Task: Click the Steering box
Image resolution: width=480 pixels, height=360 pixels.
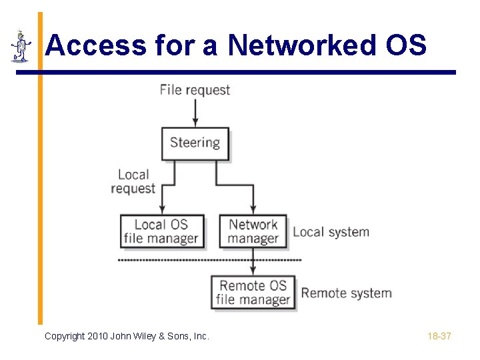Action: click(x=195, y=143)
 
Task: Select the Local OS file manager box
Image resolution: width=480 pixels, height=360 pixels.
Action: click(x=161, y=231)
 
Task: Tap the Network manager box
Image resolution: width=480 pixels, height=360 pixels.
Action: click(x=253, y=231)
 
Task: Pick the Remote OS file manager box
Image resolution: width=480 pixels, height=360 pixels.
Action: click(x=253, y=293)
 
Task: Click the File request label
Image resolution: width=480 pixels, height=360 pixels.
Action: click(x=195, y=90)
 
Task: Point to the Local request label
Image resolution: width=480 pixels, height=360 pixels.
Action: click(x=133, y=181)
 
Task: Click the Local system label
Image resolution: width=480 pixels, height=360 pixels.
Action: click(x=331, y=232)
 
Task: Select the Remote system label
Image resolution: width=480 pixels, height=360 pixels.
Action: click(x=346, y=293)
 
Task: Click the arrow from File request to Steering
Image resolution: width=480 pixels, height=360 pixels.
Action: click(x=195, y=111)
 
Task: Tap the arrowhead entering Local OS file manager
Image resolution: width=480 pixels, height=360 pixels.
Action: click(x=163, y=210)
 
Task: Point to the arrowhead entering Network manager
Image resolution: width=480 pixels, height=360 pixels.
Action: click(x=253, y=210)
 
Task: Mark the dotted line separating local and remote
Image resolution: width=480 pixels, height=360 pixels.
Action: click(x=200, y=259)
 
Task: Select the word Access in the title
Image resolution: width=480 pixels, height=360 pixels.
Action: click(x=96, y=45)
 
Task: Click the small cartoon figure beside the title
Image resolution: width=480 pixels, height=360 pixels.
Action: click(x=21, y=47)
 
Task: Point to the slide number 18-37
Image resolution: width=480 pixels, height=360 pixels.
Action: click(x=439, y=336)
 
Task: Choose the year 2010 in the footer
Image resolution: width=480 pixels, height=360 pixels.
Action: click(x=98, y=336)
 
